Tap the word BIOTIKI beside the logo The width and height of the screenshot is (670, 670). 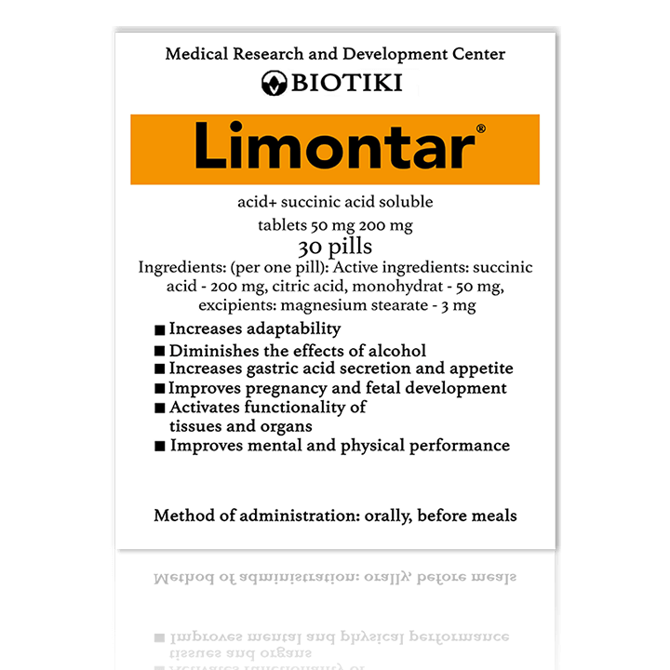347,83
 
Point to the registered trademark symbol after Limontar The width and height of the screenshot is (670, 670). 480,128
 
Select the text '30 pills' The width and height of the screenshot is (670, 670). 335,247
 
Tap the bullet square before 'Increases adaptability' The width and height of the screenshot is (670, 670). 160,330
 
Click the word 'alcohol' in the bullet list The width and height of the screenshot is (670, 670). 395,351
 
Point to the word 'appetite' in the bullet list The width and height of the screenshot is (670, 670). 480,368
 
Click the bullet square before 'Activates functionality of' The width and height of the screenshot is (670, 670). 160,409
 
